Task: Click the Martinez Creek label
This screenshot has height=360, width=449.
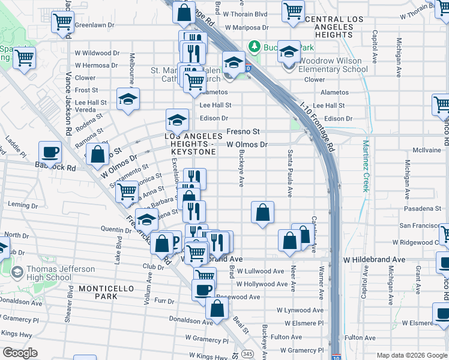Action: tap(364, 166)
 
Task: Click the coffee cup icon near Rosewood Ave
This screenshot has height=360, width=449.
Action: tap(203, 290)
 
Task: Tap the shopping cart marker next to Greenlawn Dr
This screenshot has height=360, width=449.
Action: tap(62, 22)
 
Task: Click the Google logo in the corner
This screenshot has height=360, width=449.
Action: tap(20, 353)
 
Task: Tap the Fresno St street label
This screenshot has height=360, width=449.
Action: tap(243, 131)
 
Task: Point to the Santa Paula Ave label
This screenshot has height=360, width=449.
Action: tap(291, 173)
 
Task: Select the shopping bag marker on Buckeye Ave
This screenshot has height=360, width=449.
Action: tap(262, 212)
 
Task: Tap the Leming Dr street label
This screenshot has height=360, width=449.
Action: tap(23, 205)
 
